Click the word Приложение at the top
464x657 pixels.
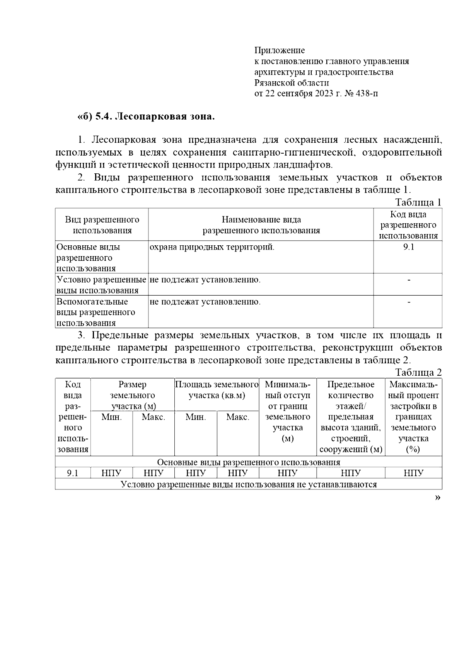click(x=280, y=50)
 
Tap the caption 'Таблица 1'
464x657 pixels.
click(x=418, y=202)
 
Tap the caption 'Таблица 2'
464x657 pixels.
click(x=418, y=372)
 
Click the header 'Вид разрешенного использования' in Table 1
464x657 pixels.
click(x=102, y=225)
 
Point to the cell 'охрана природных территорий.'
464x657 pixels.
click(x=212, y=247)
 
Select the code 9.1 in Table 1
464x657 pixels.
click(x=408, y=247)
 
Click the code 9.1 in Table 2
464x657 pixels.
click(x=73, y=473)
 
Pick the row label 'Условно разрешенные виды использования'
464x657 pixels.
click(x=101, y=285)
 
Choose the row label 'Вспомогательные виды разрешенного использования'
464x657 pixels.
click(x=96, y=312)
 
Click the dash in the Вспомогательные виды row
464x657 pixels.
click(x=409, y=302)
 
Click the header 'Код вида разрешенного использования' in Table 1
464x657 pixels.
click(x=408, y=225)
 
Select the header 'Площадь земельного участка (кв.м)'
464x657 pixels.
click(x=217, y=390)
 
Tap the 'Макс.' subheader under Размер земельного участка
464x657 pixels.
click(x=154, y=417)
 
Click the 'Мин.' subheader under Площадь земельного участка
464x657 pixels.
click(x=196, y=417)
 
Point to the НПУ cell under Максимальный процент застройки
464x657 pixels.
click(x=413, y=473)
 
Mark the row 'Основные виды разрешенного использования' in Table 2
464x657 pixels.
click(x=249, y=462)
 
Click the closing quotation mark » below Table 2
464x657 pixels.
click(x=437, y=498)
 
